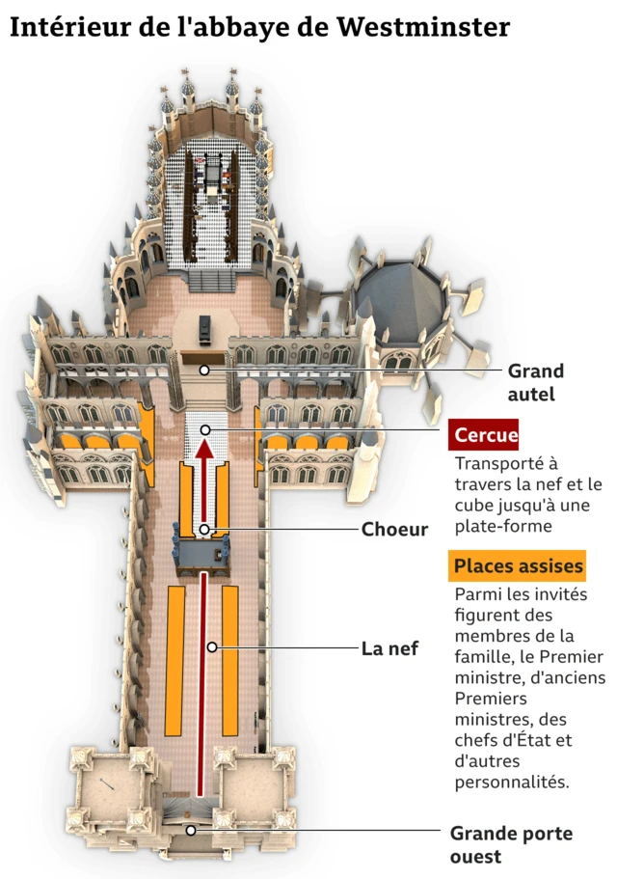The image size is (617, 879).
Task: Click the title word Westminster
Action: tap(423, 28)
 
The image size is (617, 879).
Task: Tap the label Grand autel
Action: tap(535, 382)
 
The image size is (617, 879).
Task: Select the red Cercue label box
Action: tap(486, 435)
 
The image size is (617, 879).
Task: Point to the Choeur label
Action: tap(394, 529)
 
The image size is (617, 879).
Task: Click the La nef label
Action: tap(389, 648)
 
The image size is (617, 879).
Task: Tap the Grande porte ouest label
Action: tap(511, 843)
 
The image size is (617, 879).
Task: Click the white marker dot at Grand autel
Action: tap(203, 370)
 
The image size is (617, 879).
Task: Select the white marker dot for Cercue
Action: tap(204, 429)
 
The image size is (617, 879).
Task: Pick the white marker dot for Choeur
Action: tap(204, 529)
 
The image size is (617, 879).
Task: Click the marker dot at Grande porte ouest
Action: tap(191, 830)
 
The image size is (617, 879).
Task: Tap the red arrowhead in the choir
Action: tap(204, 447)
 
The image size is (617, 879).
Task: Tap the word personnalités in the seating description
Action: tap(511, 782)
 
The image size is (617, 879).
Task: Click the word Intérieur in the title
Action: tap(69, 28)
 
